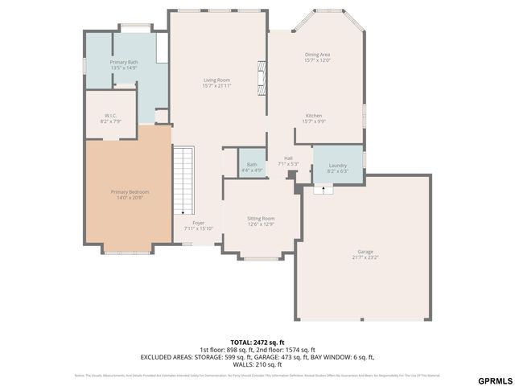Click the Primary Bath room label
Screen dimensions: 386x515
pyautogui.click(x=124, y=62)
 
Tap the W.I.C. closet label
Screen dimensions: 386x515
pyautogui.click(x=109, y=115)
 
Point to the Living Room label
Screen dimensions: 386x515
pyautogui.click(x=216, y=80)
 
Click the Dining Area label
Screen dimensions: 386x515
pyautogui.click(x=318, y=55)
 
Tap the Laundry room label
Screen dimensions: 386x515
pyautogui.click(x=337, y=165)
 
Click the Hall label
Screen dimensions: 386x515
pyautogui.click(x=288, y=158)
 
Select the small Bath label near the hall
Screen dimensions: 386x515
pyautogui.click(x=252, y=164)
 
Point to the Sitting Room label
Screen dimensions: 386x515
pyautogui.click(x=261, y=218)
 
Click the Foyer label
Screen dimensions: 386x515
pyautogui.click(x=198, y=223)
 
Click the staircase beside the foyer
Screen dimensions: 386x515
pyautogui.click(x=184, y=180)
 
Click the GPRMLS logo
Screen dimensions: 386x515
pyautogui.click(x=494, y=379)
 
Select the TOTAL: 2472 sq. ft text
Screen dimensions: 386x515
pyautogui.click(x=257, y=342)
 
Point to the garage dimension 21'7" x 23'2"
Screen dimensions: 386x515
pyautogui.click(x=365, y=257)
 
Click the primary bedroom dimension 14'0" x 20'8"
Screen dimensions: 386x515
pyautogui.click(x=130, y=197)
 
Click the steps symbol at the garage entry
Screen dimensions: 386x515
pyautogui.click(x=323, y=190)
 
